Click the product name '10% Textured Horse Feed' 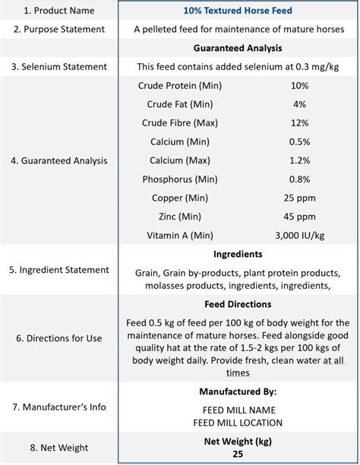pos(238,11)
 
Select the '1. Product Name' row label pos(58,11)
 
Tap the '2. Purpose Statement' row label pos(58,29)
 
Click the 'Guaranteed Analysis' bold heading pos(238,49)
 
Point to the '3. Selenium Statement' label pos(58,67)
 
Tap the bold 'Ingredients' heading pos(238,254)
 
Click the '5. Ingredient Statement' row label pos(58,270)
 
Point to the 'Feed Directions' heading pos(238,305)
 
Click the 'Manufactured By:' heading pos(238,392)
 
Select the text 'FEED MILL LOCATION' pos(238,422)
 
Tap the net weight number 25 pos(238,454)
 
